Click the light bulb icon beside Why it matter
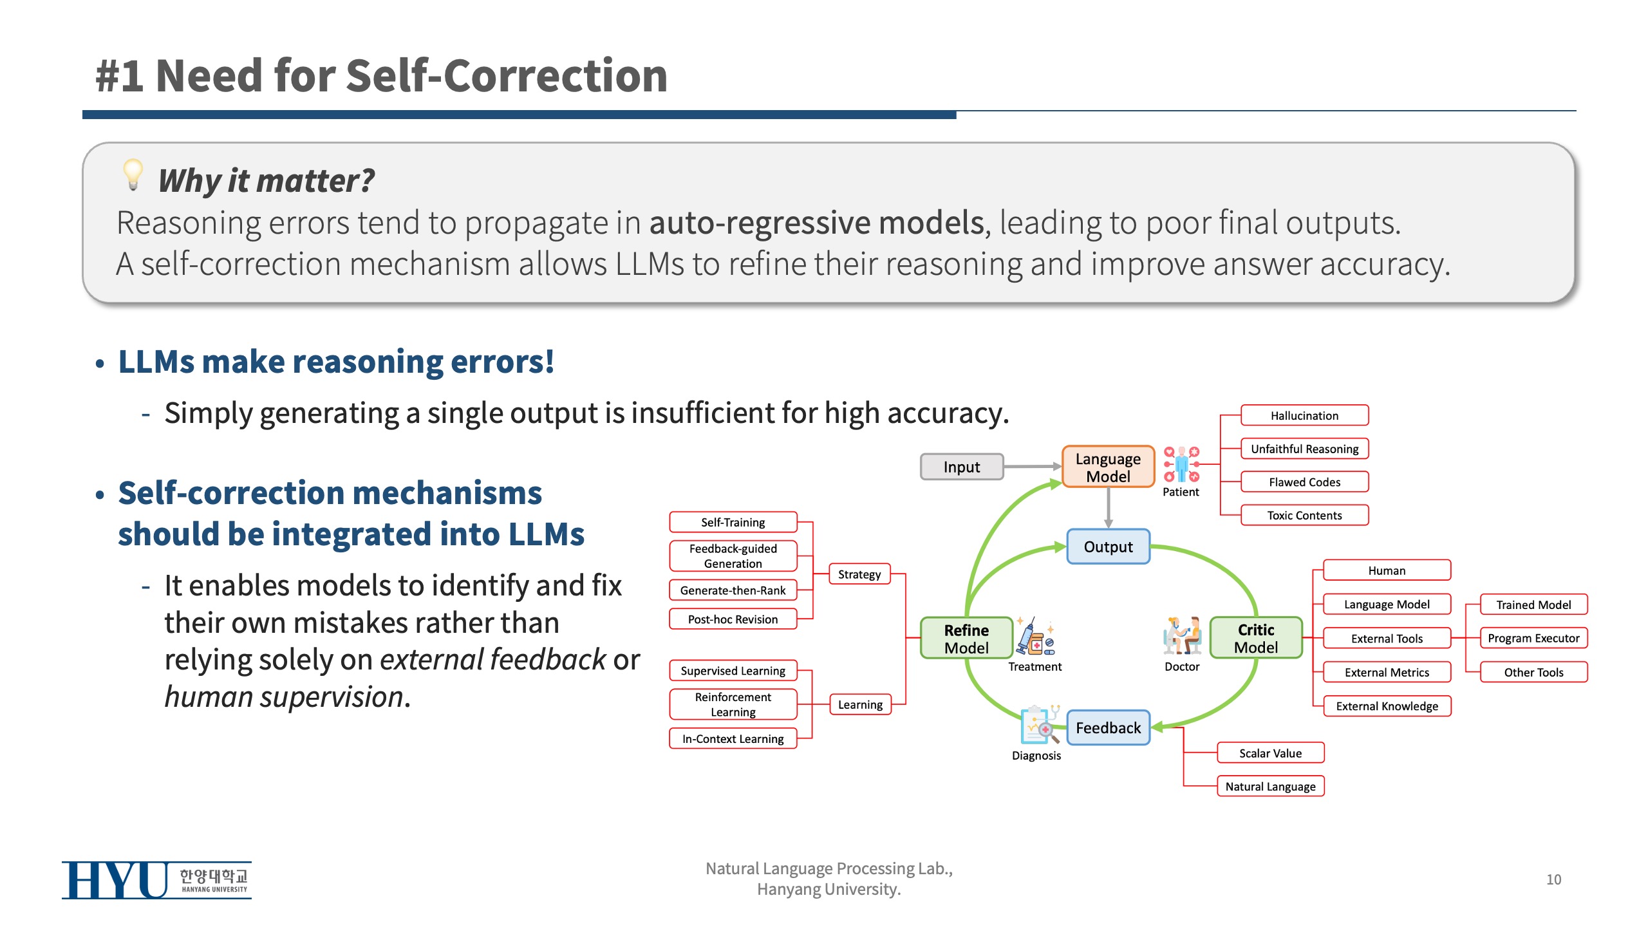(x=133, y=175)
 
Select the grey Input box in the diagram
(x=962, y=467)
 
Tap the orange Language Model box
(x=1108, y=467)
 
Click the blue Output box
(x=1108, y=547)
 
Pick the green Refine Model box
(x=966, y=639)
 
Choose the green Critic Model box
(x=1256, y=638)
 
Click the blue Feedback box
(x=1108, y=727)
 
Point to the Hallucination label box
(x=1304, y=416)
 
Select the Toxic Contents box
(x=1304, y=515)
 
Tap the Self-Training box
(x=733, y=522)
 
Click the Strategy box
(x=859, y=574)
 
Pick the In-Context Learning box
(x=733, y=738)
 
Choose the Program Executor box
(x=1533, y=638)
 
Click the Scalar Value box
(x=1270, y=753)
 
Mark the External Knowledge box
(x=1387, y=706)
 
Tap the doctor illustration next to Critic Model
(x=1182, y=636)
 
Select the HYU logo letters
(x=115, y=880)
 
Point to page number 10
(x=1553, y=879)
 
